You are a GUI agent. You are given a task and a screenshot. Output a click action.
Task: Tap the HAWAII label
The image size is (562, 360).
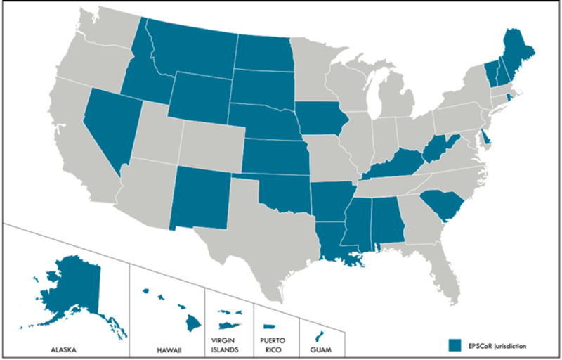click(x=166, y=347)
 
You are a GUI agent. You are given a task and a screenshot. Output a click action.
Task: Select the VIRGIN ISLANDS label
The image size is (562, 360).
click(x=228, y=345)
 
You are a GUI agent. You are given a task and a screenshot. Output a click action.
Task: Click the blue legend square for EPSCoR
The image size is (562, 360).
click(x=455, y=345)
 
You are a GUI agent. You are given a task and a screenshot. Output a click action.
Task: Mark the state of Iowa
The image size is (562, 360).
click(x=321, y=118)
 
